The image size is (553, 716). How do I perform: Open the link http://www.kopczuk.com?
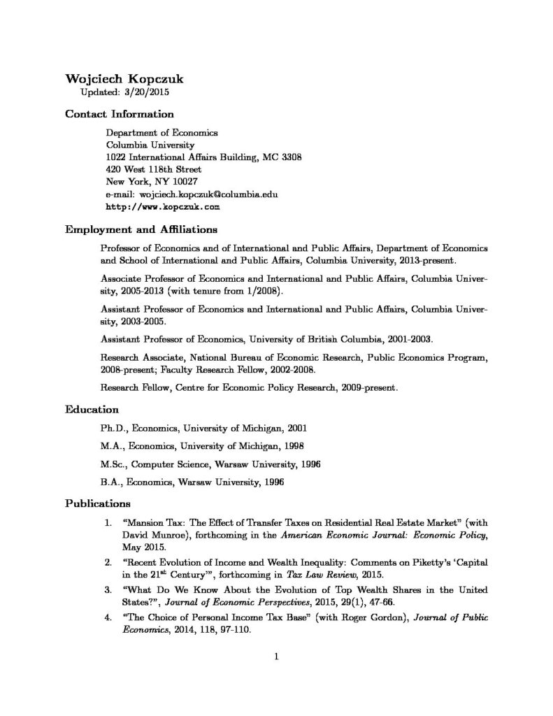pos(163,207)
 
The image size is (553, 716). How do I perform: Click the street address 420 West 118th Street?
pos(153,169)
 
